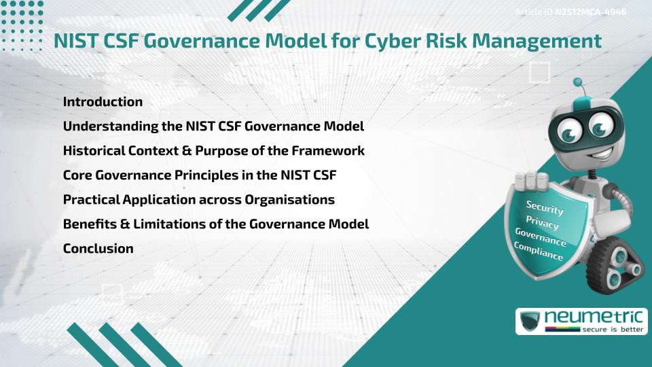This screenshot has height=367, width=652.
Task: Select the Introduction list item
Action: click(103, 102)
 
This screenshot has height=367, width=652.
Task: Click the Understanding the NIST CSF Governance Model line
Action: click(213, 126)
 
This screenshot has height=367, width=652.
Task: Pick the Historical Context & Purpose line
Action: click(213, 151)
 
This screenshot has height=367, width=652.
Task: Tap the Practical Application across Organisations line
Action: click(198, 200)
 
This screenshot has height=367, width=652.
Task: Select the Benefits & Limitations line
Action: click(215, 224)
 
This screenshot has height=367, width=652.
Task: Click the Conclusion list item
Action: click(98, 249)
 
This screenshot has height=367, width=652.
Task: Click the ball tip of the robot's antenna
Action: click(579, 82)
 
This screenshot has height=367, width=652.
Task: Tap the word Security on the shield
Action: click(545, 207)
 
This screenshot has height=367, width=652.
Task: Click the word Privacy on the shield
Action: click(543, 222)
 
